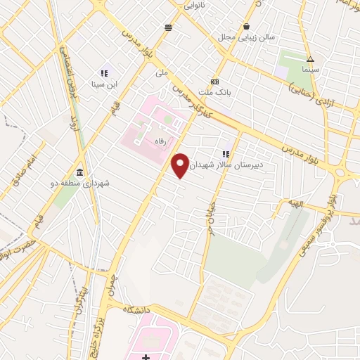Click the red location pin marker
tap(180, 165)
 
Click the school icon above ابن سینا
tap(104, 72)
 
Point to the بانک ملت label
tap(214, 92)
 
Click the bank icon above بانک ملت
tap(214, 81)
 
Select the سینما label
tap(310, 70)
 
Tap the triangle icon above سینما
tap(310, 59)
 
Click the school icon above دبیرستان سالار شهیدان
tap(226, 153)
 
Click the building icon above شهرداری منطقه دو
tap(79, 173)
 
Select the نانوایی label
tap(195, 5)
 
